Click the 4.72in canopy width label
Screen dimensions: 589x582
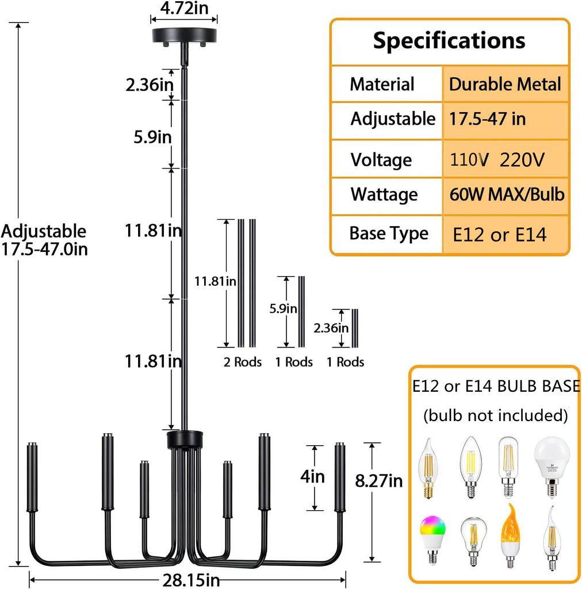185,8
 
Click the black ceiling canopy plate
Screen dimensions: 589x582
185,36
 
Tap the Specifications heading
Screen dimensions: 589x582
449,41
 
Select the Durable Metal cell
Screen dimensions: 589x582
505,85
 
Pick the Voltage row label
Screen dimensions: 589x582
381,159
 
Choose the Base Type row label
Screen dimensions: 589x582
389,234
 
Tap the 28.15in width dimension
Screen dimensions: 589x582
189,580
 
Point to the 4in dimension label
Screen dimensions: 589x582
313,477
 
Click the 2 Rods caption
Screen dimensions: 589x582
243,362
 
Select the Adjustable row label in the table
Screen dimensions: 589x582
393,119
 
